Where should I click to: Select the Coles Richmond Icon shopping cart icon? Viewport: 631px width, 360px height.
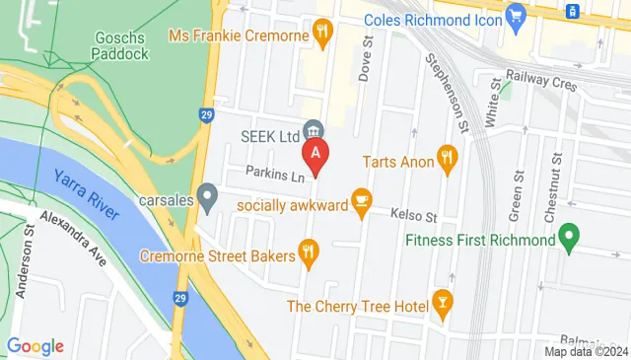coord(515,16)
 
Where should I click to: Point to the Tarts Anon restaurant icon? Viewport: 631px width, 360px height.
coord(449,159)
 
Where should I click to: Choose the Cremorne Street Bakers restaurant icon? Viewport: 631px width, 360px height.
coord(309,254)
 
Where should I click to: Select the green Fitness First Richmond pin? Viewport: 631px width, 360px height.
coord(568,239)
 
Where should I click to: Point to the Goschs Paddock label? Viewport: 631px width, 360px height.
coord(121,45)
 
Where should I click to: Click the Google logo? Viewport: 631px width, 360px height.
coord(35,346)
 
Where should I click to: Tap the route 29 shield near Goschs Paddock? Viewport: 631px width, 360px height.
coord(205,114)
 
